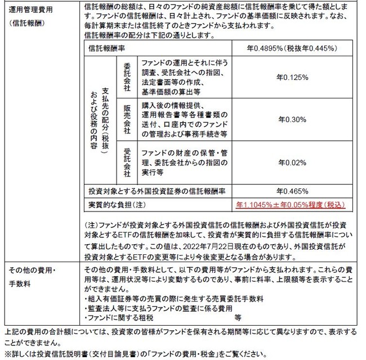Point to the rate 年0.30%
click(x=292, y=119)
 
